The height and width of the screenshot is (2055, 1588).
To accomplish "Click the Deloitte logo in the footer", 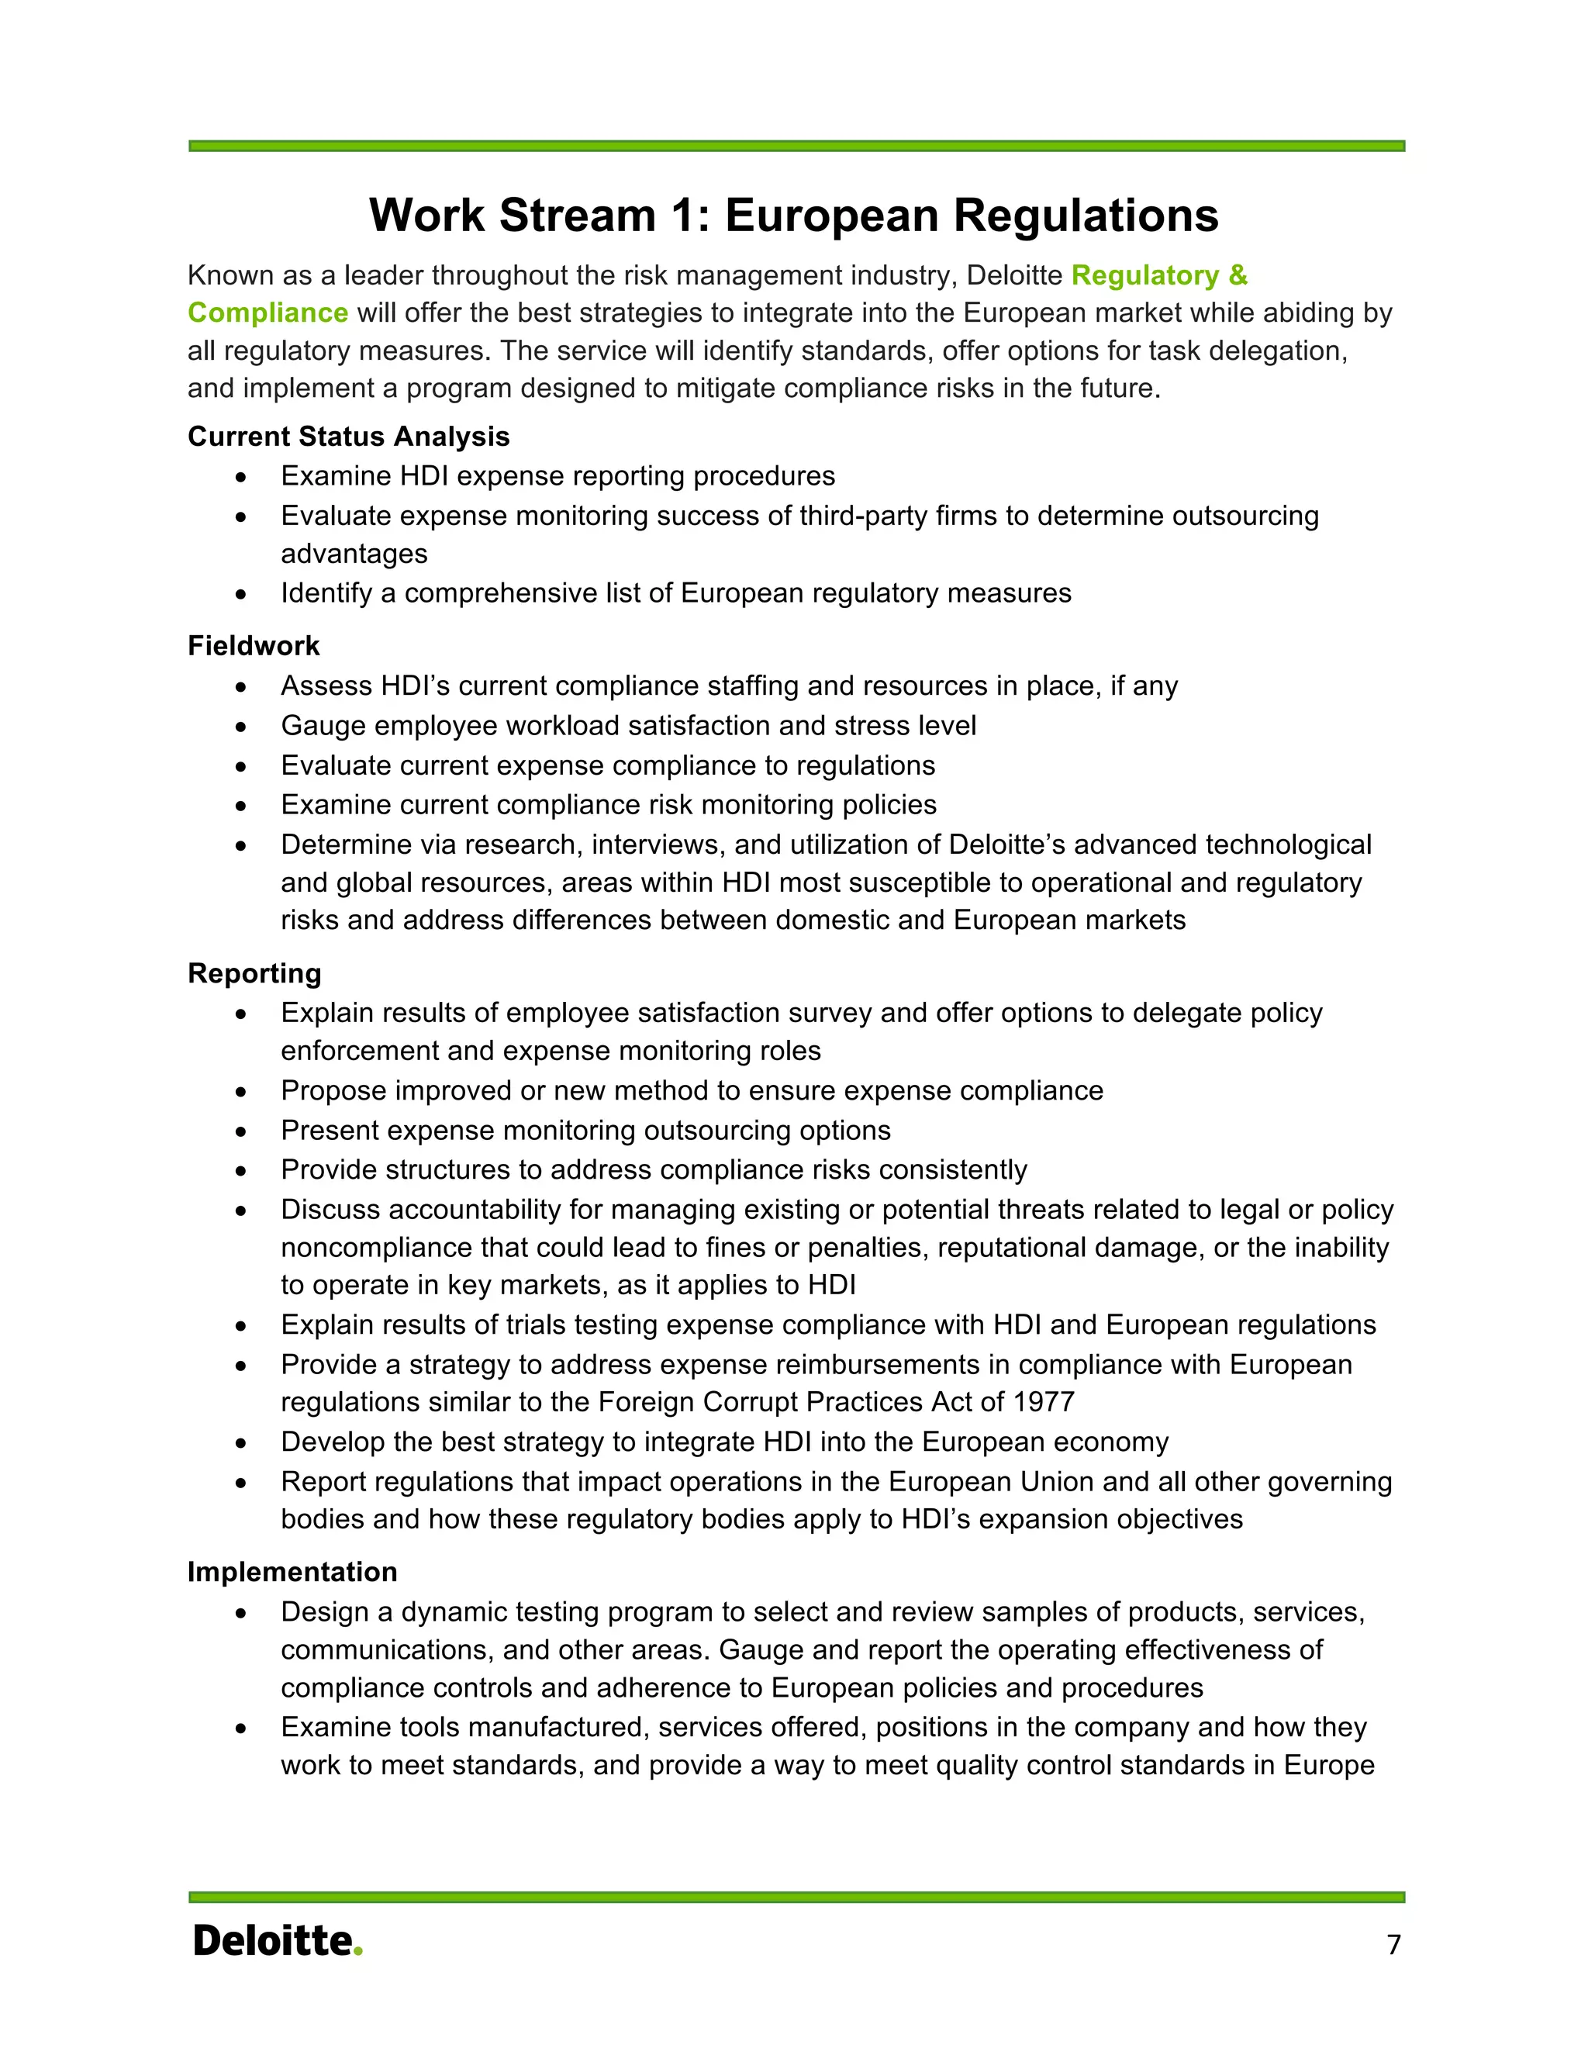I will tap(275, 1941).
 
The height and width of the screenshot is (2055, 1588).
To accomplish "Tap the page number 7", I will tap(1393, 1944).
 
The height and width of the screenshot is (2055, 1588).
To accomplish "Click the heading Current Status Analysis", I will tap(348, 437).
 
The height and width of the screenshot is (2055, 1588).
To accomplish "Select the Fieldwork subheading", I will tap(253, 645).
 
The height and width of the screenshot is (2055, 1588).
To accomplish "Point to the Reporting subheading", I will tap(254, 973).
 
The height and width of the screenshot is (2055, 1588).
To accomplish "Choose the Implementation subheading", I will tap(292, 1571).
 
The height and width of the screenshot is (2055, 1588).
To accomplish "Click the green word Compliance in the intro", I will tap(268, 313).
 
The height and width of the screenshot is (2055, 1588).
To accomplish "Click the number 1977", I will tap(1044, 1402).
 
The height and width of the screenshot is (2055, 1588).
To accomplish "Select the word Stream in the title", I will tap(577, 216).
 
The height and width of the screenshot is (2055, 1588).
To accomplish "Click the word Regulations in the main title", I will tap(1086, 216).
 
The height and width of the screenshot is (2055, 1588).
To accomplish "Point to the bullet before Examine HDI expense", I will tap(242, 477).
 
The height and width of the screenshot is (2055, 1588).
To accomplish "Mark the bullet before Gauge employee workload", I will tap(242, 727).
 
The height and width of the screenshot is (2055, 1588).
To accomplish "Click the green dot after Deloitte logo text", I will tap(357, 1952).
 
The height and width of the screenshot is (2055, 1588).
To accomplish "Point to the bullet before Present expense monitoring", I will tap(242, 1131).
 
